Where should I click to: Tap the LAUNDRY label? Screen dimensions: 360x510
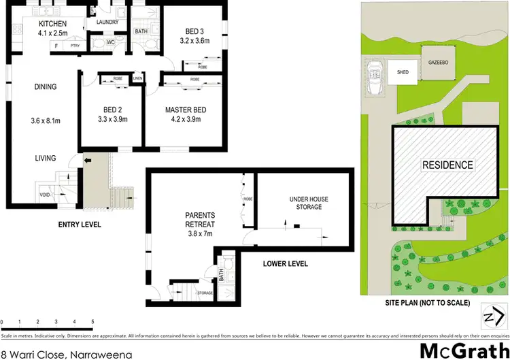108,22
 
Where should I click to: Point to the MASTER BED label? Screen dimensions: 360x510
186,110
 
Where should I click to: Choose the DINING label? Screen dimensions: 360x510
45,86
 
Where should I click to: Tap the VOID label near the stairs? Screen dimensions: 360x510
44,193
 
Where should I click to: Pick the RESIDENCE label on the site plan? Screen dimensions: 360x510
447,165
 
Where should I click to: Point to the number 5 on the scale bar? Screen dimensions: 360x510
92,321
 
